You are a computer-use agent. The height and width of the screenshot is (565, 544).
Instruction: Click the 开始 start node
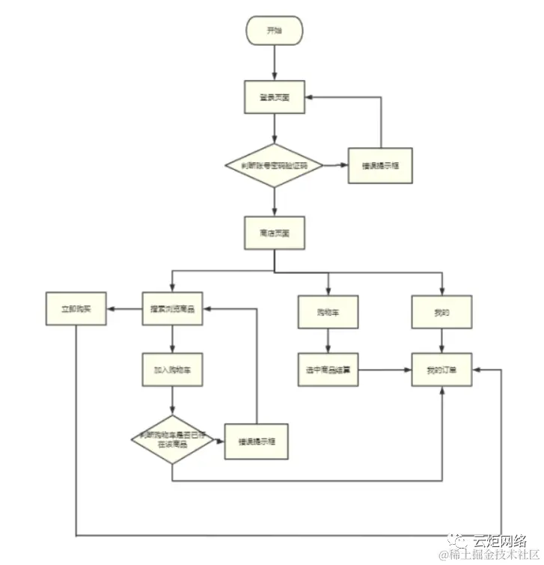point(275,31)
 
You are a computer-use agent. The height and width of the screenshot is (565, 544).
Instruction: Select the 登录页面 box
point(275,97)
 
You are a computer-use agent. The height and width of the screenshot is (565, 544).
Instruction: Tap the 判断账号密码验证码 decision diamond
point(275,165)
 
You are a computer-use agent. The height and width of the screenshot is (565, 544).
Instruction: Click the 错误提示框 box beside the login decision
point(380,165)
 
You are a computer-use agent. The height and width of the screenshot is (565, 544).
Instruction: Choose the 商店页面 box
point(275,233)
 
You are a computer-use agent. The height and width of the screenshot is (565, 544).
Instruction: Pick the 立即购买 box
point(76,309)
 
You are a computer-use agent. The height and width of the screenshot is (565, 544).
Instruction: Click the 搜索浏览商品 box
point(173,309)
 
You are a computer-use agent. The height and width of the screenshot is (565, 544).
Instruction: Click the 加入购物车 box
point(173,369)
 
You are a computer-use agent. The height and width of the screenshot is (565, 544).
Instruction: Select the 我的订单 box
point(441,370)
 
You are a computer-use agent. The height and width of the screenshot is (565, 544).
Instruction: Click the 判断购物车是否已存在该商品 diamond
point(173,439)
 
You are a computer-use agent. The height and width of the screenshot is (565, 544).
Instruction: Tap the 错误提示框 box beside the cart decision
point(257,440)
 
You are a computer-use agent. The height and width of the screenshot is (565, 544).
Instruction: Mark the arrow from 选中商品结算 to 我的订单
point(385,370)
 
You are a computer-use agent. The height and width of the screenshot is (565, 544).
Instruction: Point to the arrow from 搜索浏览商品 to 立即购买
point(124,309)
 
